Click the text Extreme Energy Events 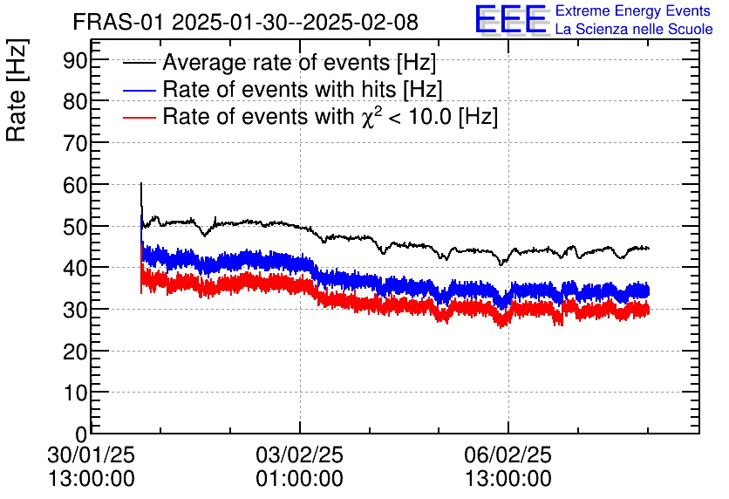coord(634,11)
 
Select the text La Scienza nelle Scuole coord(634,30)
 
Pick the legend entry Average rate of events coord(299,63)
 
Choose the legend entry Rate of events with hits coord(303,89)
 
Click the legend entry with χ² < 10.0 coord(330,116)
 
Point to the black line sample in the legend coord(140,64)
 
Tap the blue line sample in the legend coord(140,90)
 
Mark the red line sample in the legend coord(140,116)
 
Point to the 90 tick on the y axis coord(76,59)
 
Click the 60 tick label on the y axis coord(76,185)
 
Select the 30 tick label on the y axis coord(76,310)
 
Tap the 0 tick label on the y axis coord(82,434)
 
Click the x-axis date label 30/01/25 coord(91,455)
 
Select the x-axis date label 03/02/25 coord(299,455)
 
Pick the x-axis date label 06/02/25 coord(508,455)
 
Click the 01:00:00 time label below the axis coord(299,479)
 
